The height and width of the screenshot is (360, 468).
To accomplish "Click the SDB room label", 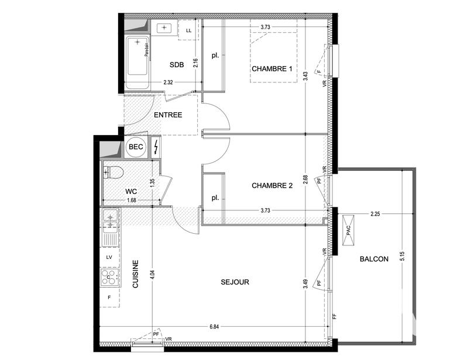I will tap(177, 65).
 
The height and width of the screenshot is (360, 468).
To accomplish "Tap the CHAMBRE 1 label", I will tap(271, 69).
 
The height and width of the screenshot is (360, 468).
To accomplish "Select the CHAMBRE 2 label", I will tap(271, 186).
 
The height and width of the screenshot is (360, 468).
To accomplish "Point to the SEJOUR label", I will tap(235, 282).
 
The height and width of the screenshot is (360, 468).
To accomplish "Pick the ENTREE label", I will tap(168, 115).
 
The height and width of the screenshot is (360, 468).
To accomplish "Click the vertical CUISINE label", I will tap(135, 275).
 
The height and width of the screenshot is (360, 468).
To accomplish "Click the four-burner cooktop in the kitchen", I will tap(109, 276).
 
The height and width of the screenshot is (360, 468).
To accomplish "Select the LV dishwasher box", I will tap(109, 257).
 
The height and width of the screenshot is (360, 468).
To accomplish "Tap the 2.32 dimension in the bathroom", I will tap(168, 82).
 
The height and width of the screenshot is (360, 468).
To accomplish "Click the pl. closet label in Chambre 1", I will tap(215, 57).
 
